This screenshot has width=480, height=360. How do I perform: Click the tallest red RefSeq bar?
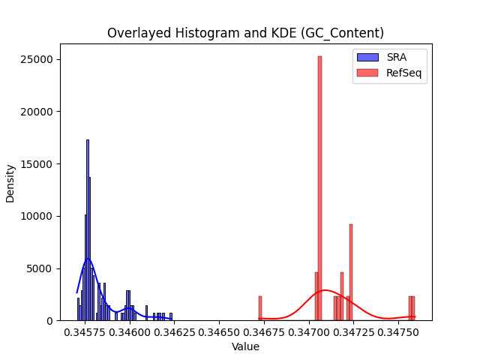click(319, 188)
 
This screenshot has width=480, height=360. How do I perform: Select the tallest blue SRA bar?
click(88, 230)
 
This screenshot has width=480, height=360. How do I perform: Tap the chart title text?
click(245, 33)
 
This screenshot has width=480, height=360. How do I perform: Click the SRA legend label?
click(397, 57)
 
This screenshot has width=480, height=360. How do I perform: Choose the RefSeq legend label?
click(403, 73)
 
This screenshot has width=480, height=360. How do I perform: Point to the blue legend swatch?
click(367, 57)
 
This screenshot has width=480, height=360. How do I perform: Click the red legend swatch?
click(367, 73)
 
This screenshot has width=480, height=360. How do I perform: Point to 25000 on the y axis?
click(37, 59)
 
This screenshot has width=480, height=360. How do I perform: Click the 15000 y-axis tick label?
click(37, 164)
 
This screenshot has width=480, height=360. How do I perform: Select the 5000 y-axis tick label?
click(40, 268)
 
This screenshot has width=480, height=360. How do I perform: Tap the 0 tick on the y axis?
click(50, 321)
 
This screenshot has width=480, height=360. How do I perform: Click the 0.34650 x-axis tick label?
click(219, 332)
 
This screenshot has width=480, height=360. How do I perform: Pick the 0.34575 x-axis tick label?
click(85, 332)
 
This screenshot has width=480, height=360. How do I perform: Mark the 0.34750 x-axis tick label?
click(398, 332)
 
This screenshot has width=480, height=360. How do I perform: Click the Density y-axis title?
click(10, 184)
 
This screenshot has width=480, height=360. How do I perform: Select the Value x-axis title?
click(245, 346)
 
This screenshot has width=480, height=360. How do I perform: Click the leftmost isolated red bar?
click(260, 308)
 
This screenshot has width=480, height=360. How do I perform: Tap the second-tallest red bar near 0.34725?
click(351, 272)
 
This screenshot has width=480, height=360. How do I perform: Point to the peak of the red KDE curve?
click(325, 289)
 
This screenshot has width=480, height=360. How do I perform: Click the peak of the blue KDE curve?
click(88, 259)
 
